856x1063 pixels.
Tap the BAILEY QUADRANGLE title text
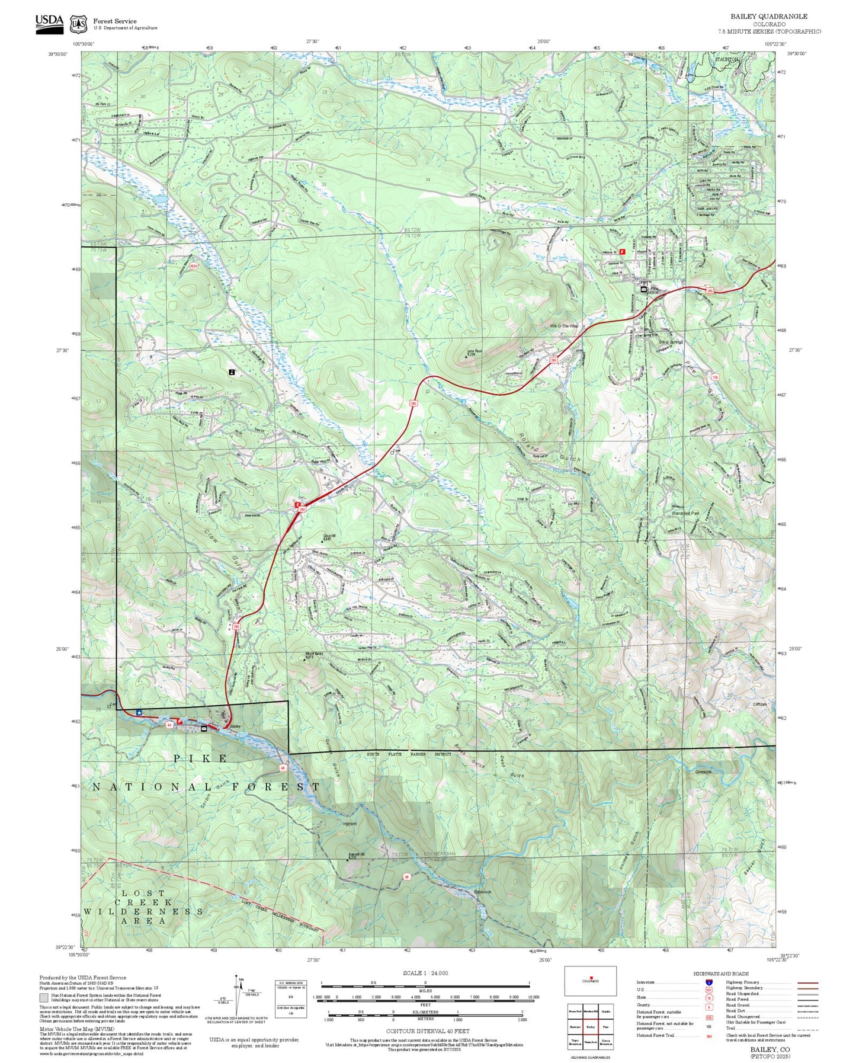point(768,17)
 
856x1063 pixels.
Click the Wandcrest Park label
point(685,513)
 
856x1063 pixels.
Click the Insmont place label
point(349,823)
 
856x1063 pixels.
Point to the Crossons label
point(703,771)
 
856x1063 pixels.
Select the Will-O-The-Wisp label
point(563,326)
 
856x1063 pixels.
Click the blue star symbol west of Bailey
point(139,712)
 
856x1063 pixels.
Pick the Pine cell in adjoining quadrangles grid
point(605,1026)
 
